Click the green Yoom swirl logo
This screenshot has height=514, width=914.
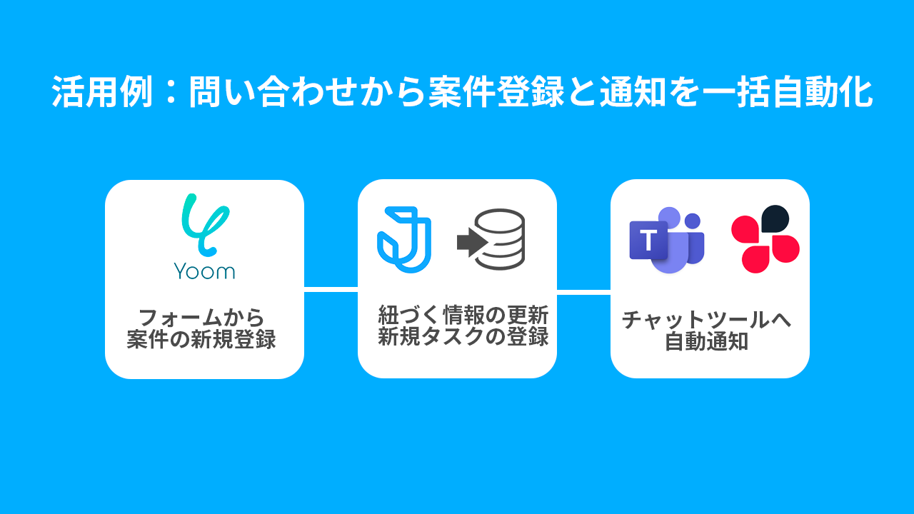[204, 224]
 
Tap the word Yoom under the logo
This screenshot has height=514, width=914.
[204, 271]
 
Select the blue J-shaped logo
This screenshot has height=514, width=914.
[403, 239]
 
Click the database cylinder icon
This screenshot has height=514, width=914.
[499, 239]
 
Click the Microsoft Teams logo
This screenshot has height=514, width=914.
[666, 240]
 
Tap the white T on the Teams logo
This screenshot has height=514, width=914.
[648, 241]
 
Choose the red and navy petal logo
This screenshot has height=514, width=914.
[765, 239]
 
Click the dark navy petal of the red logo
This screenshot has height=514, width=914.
[775, 218]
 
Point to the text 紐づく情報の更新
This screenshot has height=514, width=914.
[463, 315]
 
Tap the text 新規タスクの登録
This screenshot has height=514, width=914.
[463, 336]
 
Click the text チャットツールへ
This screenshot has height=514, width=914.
[707, 319]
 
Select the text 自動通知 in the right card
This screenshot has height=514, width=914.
[707, 342]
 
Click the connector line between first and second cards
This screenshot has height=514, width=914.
[331, 288]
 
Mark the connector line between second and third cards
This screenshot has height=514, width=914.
[583, 292]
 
